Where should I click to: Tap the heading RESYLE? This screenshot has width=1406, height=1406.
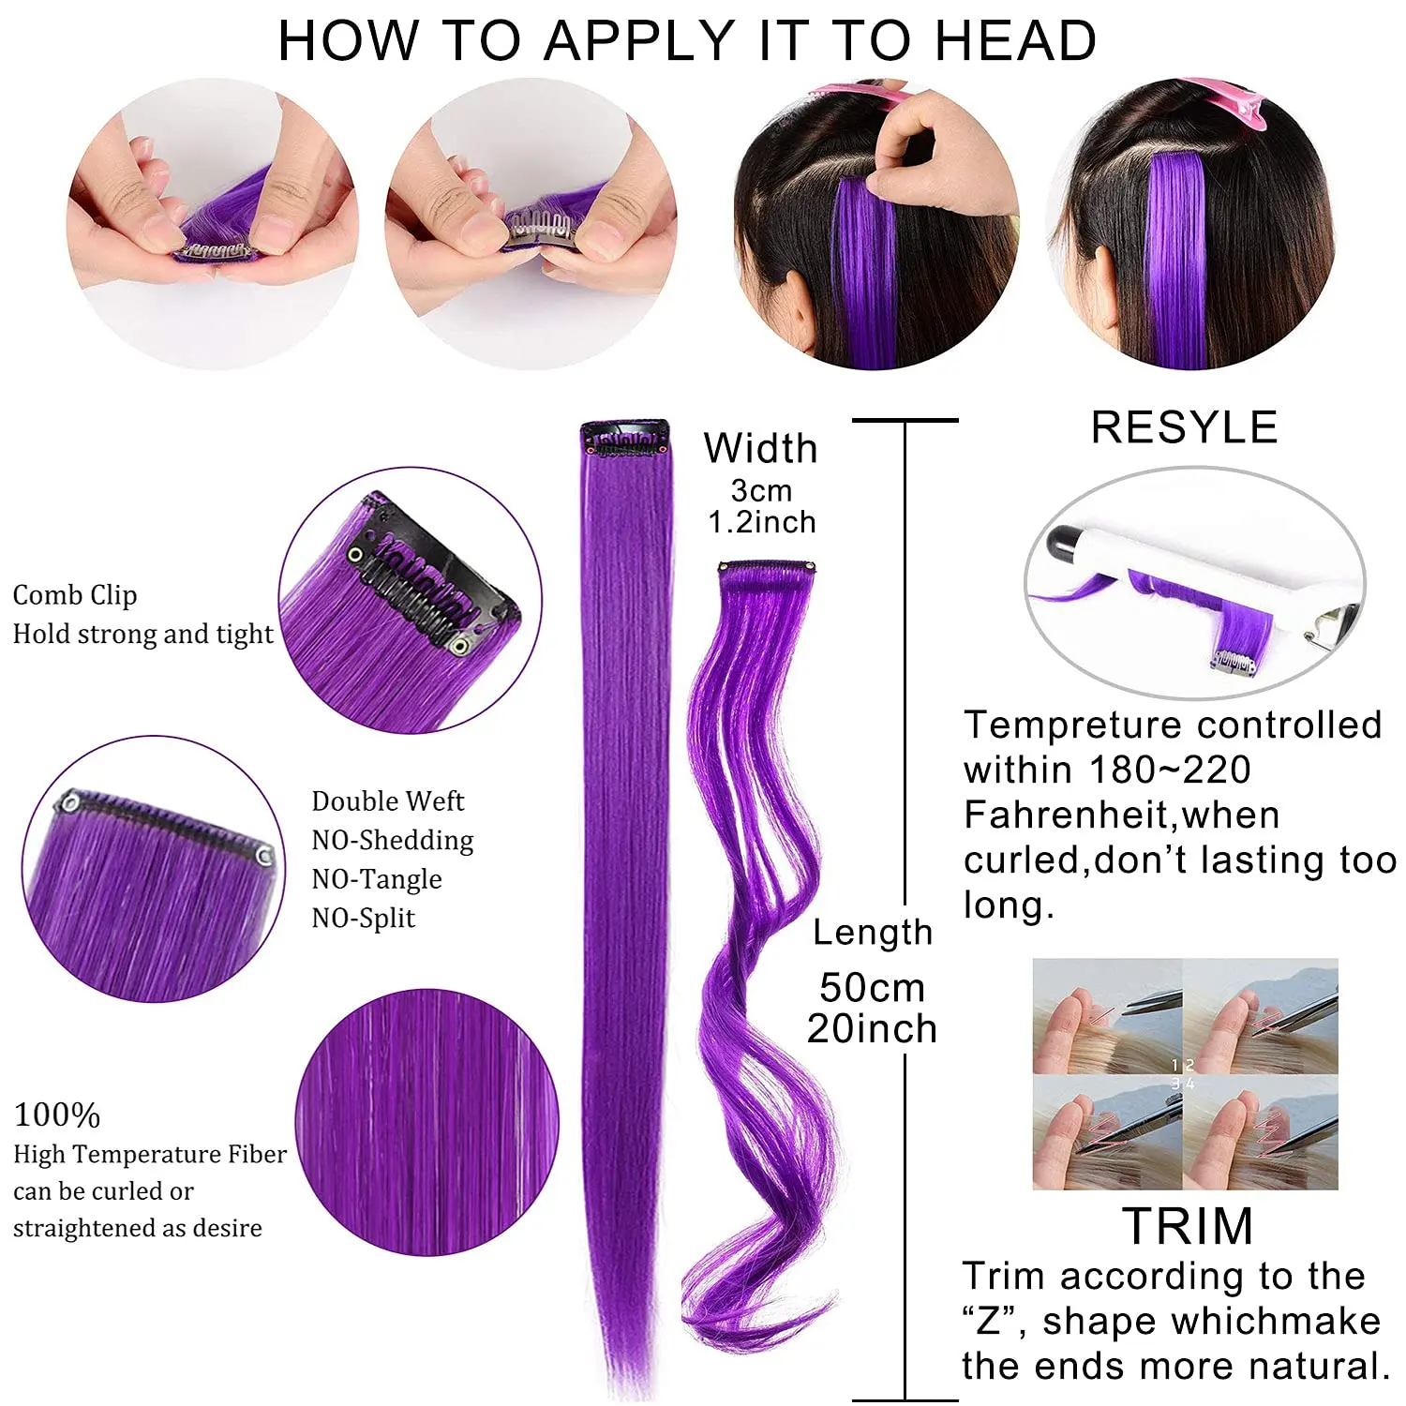tap(1185, 427)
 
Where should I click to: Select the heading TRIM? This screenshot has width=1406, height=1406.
tap(1188, 1226)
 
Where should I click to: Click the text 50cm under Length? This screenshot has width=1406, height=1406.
tap(872, 988)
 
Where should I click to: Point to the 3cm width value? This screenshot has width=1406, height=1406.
tap(761, 490)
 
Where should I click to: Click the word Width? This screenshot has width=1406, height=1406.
tap(761, 448)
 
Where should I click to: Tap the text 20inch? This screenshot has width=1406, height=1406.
tap(872, 1029)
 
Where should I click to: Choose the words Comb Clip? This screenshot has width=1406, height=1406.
tap(75, 595)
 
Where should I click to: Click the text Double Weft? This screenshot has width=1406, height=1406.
tap(388, 801)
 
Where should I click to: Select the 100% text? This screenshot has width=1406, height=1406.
tap(57, 1115)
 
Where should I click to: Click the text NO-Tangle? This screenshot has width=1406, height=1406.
tap(377, 879)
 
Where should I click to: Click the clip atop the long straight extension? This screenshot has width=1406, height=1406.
tap(625, 439)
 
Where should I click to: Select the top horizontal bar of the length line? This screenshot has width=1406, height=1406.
tap(905, 420)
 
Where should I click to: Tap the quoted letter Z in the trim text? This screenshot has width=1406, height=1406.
tap(988, 1322)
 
